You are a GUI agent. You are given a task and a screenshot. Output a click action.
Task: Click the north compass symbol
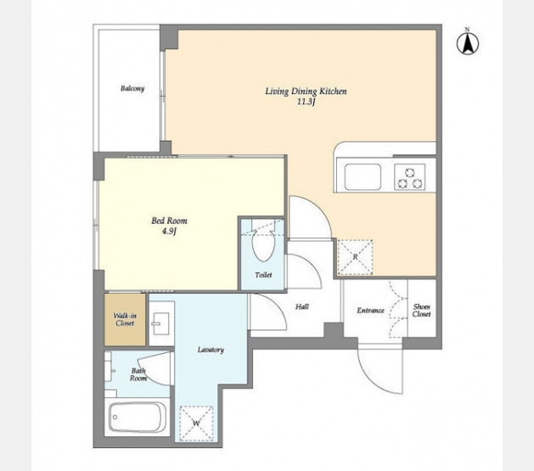pos(468,42)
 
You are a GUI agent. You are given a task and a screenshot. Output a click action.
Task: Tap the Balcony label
pos(132,88)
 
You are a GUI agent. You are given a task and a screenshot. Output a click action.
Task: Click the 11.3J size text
pos(306,102)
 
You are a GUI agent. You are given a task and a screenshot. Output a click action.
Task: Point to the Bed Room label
pos(169,221)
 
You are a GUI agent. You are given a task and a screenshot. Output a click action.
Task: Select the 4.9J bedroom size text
pos(169,232)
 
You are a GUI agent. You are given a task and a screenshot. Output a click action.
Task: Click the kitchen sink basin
pos(363,177)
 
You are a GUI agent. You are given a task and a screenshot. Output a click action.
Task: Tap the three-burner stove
pos(410,177)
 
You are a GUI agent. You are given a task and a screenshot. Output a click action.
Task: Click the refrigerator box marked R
pos(355,257)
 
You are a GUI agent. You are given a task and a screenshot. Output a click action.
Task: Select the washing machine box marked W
pos(196,423)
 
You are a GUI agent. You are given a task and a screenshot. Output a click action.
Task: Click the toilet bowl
pos(263,244)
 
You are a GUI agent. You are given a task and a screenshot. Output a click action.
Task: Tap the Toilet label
pos(263,275)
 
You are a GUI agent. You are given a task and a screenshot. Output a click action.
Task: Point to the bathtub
pos(138,418)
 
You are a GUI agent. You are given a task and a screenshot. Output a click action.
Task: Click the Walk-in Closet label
pos(125,320)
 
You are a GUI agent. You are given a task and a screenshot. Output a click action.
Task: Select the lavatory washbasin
pos(162,322)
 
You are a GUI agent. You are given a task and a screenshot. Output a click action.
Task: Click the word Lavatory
pos(211,350)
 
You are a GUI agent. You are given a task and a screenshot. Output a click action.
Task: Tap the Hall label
pos(302,306)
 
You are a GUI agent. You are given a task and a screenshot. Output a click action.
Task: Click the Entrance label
pos(370,311)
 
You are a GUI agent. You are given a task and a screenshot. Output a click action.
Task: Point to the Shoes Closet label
pos(422,311)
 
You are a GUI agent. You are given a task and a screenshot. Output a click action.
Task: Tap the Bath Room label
pos(138,374)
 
